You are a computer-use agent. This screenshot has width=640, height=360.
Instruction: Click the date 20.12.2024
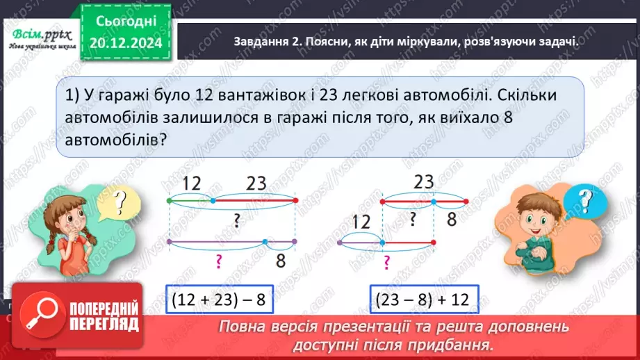click(127, 43)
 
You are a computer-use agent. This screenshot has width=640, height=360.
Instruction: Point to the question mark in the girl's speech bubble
click(121, 202)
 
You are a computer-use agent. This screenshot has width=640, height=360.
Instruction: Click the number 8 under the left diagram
click(281, 261)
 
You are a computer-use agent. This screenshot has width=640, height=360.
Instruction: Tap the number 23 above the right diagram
click(423, 183)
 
